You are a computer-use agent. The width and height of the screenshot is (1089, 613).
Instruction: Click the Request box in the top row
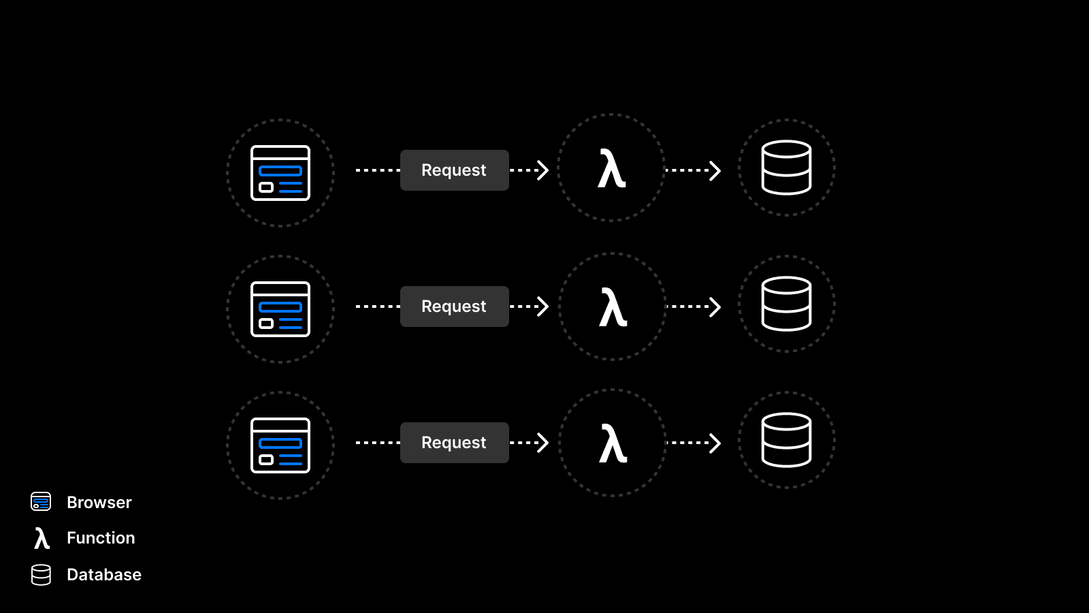[454, 170]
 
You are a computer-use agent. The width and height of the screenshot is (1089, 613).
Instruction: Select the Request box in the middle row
[454, 306]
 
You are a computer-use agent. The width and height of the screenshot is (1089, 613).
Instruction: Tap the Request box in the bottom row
[454, 443]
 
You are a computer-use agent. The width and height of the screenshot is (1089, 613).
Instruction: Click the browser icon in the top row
[280, 173]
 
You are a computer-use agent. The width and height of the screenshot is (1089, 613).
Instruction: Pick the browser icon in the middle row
[280, 309]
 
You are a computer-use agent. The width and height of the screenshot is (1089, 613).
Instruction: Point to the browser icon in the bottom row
[280, 445]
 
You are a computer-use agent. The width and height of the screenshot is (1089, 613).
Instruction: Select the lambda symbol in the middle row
[613, 307]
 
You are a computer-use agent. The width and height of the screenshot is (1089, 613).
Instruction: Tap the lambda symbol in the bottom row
[613, 443]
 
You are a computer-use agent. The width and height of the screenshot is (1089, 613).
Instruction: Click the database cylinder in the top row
[786, 168]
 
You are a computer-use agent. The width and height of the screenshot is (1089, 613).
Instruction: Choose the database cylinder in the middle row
[786, 304]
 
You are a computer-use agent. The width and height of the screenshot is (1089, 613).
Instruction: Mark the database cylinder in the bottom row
[786, 440]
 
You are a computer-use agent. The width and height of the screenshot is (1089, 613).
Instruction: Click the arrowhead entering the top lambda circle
[542, 170]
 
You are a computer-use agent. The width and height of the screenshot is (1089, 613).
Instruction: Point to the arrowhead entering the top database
[715, 170]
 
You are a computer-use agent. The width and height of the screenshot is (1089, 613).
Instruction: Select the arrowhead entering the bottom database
[715, 443]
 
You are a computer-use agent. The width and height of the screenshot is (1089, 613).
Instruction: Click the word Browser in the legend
[99, 503]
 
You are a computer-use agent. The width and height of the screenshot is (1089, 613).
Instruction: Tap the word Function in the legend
[101, 538]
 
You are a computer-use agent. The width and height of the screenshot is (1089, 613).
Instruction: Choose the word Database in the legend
[104, 575]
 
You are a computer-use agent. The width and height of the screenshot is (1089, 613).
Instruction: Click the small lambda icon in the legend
[42, 538]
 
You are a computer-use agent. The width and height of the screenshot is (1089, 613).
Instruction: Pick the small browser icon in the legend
[41, 502]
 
